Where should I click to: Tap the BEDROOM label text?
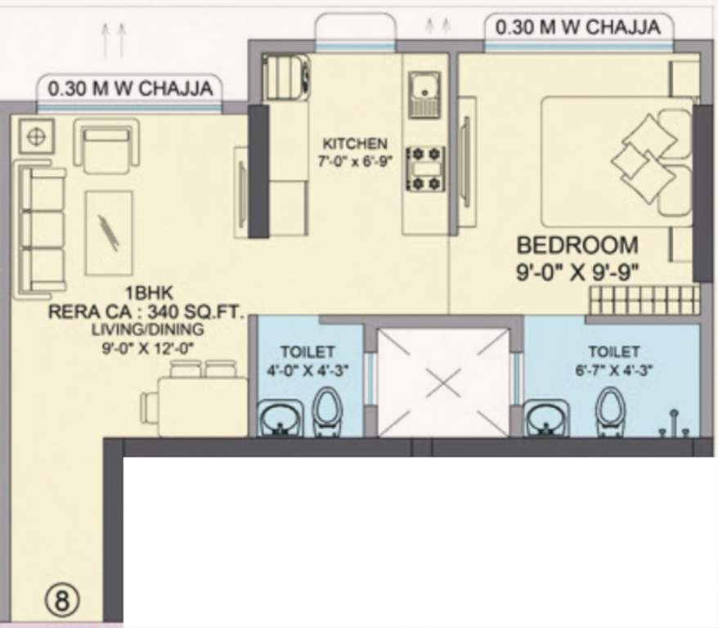tap(577, 244)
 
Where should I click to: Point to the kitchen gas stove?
tap(424, 169)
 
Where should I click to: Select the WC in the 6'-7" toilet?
tap(610, 414)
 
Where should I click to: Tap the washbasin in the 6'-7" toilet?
tap(546, 420)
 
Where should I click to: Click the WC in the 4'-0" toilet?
tap(327, 414)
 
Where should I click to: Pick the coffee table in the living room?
tap(109, 232)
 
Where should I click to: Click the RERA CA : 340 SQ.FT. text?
tap(146, 312)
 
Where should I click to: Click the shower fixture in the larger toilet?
tap(674, 420)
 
